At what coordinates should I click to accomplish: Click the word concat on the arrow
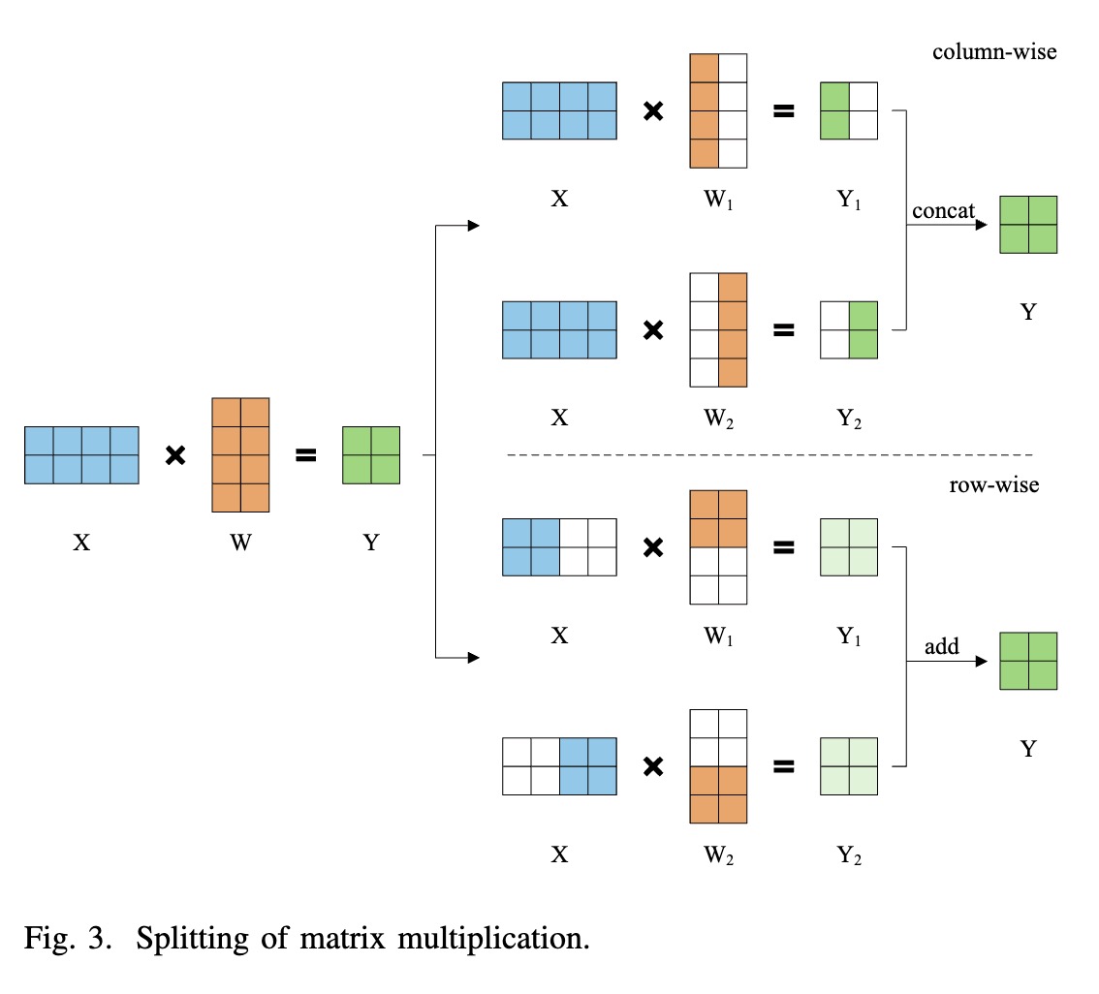[x=942, y=211]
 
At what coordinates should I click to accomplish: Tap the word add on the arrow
[x=941, y=646]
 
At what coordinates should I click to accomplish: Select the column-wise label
[x=993, y=51]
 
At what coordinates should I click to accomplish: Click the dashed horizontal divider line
[x=770, y=454]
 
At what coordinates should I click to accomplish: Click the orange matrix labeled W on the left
[x=240, y=454]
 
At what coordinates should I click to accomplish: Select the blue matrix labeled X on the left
[x=81, y=454]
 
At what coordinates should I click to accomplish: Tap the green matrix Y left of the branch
[x=370, y=454]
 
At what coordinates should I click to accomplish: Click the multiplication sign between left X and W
[x=175, y=454]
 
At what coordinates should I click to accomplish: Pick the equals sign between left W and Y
[x=305, y=454]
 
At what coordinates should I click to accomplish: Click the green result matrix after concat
[x=1027, y=225]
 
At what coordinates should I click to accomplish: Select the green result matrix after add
[x=1027, y=661]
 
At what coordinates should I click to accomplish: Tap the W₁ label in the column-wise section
[x=719, y=201]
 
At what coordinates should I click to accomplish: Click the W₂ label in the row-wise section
[x=719, y=855]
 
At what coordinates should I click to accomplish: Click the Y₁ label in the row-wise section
[x=849, y=637]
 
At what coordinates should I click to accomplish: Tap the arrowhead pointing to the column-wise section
[x=474, y=226]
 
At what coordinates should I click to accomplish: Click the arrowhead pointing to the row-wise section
[x=474, y=659]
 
